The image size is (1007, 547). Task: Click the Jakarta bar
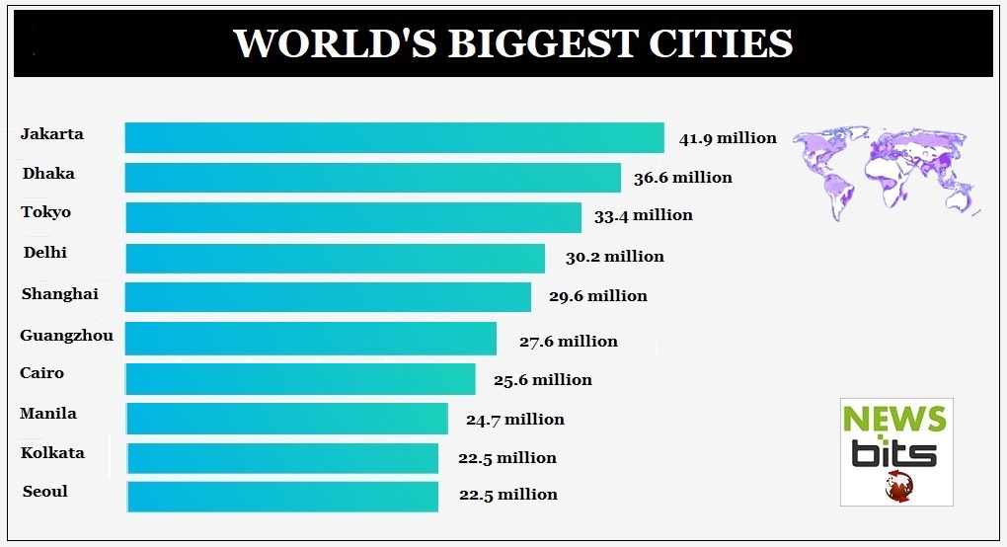(x=394, y=137)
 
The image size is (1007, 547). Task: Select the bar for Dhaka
(x=372, y=178)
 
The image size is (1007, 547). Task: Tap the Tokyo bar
(x=352, y=217)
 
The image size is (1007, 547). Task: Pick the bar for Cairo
(x=300, y=379)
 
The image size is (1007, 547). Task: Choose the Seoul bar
(x=282, y=496)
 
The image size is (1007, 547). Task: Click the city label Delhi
(x=45, y=253)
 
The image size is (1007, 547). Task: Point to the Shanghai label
(x=59, y=293)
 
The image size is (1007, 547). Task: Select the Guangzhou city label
(x=66, y=336)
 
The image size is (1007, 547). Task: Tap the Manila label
(x=48, y=414)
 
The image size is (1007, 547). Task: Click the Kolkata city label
(x=52, y=453)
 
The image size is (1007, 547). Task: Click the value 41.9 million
(x=728, y=138)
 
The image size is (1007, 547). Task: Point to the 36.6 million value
(x=683, y=178)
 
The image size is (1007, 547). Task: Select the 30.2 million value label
(x=615, y=257)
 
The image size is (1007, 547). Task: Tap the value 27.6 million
(x=569, y=342)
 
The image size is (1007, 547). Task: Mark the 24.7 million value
(x=515, y=420)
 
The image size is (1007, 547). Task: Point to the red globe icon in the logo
(x=898, y=485)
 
